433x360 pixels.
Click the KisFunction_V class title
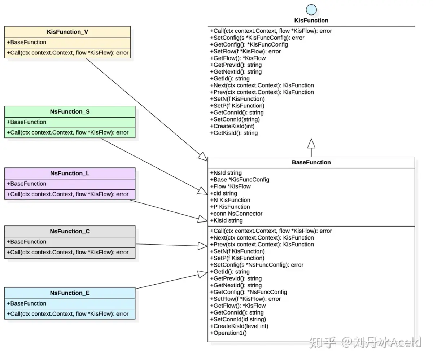[x=67, y=32]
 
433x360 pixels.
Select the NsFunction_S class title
[x=70, y=111]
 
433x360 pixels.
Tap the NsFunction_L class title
[x=70, y=173]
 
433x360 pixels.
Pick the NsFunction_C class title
[x=70, y=231]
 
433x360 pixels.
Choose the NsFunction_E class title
[x=70, y=293]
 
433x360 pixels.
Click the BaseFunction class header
[x=311, y=162]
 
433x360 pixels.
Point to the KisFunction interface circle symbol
[x=311, y=10]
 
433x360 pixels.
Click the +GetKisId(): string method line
[x=234, y=133]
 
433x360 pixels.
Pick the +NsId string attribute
[x=226, y=173]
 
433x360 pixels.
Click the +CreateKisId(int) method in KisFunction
[x=233, y=126]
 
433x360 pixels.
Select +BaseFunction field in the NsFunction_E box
[x=27, y=303]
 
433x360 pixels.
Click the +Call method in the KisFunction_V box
[x=68, y=53]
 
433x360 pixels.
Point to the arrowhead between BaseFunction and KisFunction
[x=311, y=144]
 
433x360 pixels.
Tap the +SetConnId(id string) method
[x=238, y=319]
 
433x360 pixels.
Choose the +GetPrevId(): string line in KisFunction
[x=236, y=65]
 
